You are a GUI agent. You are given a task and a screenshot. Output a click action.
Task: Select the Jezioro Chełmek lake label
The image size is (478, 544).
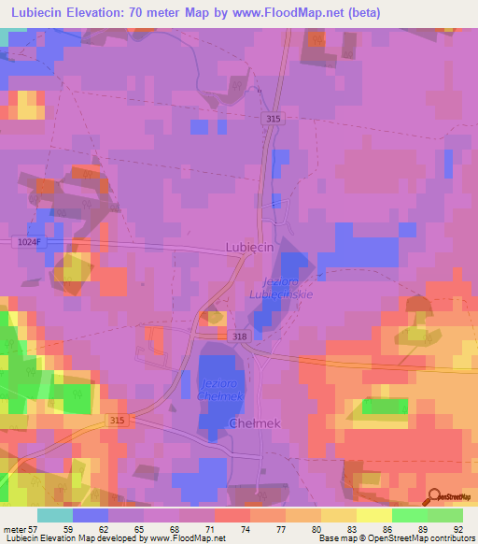tap(221, 389)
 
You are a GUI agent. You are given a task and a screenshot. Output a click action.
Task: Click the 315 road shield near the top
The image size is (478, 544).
tap(272, 119)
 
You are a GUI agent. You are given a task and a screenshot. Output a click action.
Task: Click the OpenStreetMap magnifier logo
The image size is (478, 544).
tap(434, 496)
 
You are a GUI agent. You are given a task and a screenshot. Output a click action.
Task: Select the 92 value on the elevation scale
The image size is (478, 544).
tap(457, 529)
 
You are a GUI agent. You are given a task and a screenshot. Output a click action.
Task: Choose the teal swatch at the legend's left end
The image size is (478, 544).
tap(54, 515)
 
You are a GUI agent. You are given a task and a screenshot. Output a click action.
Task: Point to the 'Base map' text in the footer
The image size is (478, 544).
tap(335, 539)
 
